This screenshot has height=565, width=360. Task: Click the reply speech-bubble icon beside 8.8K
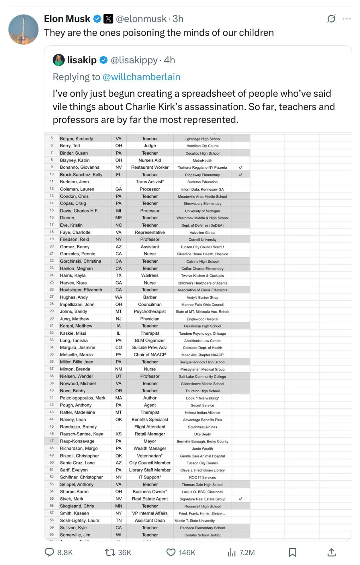tap(49, 552)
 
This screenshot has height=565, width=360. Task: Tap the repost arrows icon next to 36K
tap(110, 552)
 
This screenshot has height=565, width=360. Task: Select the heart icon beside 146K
tap(171, 552)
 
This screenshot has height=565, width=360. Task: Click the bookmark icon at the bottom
tap(292, 552)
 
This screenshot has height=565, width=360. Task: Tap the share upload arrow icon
tap(331, 552)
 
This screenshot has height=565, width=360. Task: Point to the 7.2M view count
tap(247, 552)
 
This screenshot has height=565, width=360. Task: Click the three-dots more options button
tap(347, 19)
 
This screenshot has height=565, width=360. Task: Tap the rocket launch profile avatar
tap(23, 29)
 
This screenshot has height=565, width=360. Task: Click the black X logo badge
tap(108, 19)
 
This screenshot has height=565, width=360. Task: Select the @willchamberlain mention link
tap(141, 77)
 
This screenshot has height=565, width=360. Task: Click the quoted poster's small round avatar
tap(59, 60)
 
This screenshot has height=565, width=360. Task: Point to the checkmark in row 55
tap(240, 499)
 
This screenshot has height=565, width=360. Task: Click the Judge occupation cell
tap(150, 145)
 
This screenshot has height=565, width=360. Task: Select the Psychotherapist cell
tap(150, 311)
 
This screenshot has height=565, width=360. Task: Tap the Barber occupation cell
tap(150, 297)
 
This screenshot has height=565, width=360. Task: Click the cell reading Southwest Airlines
tap(202, 427)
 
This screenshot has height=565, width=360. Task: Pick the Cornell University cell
tap(202, 239)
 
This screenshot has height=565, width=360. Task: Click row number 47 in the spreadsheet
tap(52, 441)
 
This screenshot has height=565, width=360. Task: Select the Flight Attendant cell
tap(150, 427)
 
